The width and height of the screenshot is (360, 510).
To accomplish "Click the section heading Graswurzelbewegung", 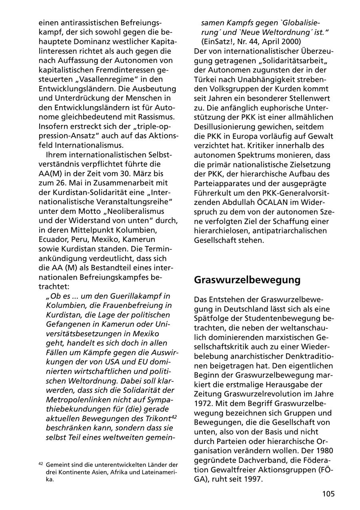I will tap(247, 280).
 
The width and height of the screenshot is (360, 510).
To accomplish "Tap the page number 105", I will tap(328, 494).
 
